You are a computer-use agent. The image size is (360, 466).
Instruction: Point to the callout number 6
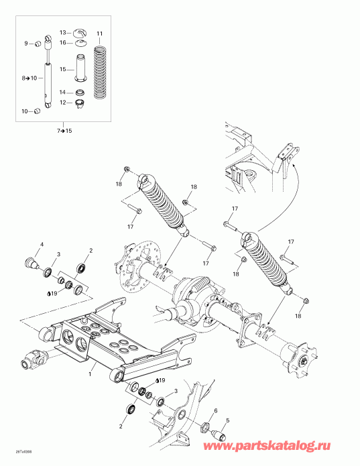click(x=215, y=410)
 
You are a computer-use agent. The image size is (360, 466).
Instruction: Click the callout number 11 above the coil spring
click(x=99, y=33)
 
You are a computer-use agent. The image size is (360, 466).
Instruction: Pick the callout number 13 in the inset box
click(x=63, y=32)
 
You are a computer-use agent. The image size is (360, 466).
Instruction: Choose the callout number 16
click(x=63, y=42)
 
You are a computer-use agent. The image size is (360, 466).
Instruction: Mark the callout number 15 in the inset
click(x=62, y=69)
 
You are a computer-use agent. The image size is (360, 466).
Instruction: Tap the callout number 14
click(x=62, y=92)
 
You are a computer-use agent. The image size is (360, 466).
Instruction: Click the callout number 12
click(x=62, y=102)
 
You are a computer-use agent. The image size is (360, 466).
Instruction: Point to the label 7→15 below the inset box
click(x=64, y=130)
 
